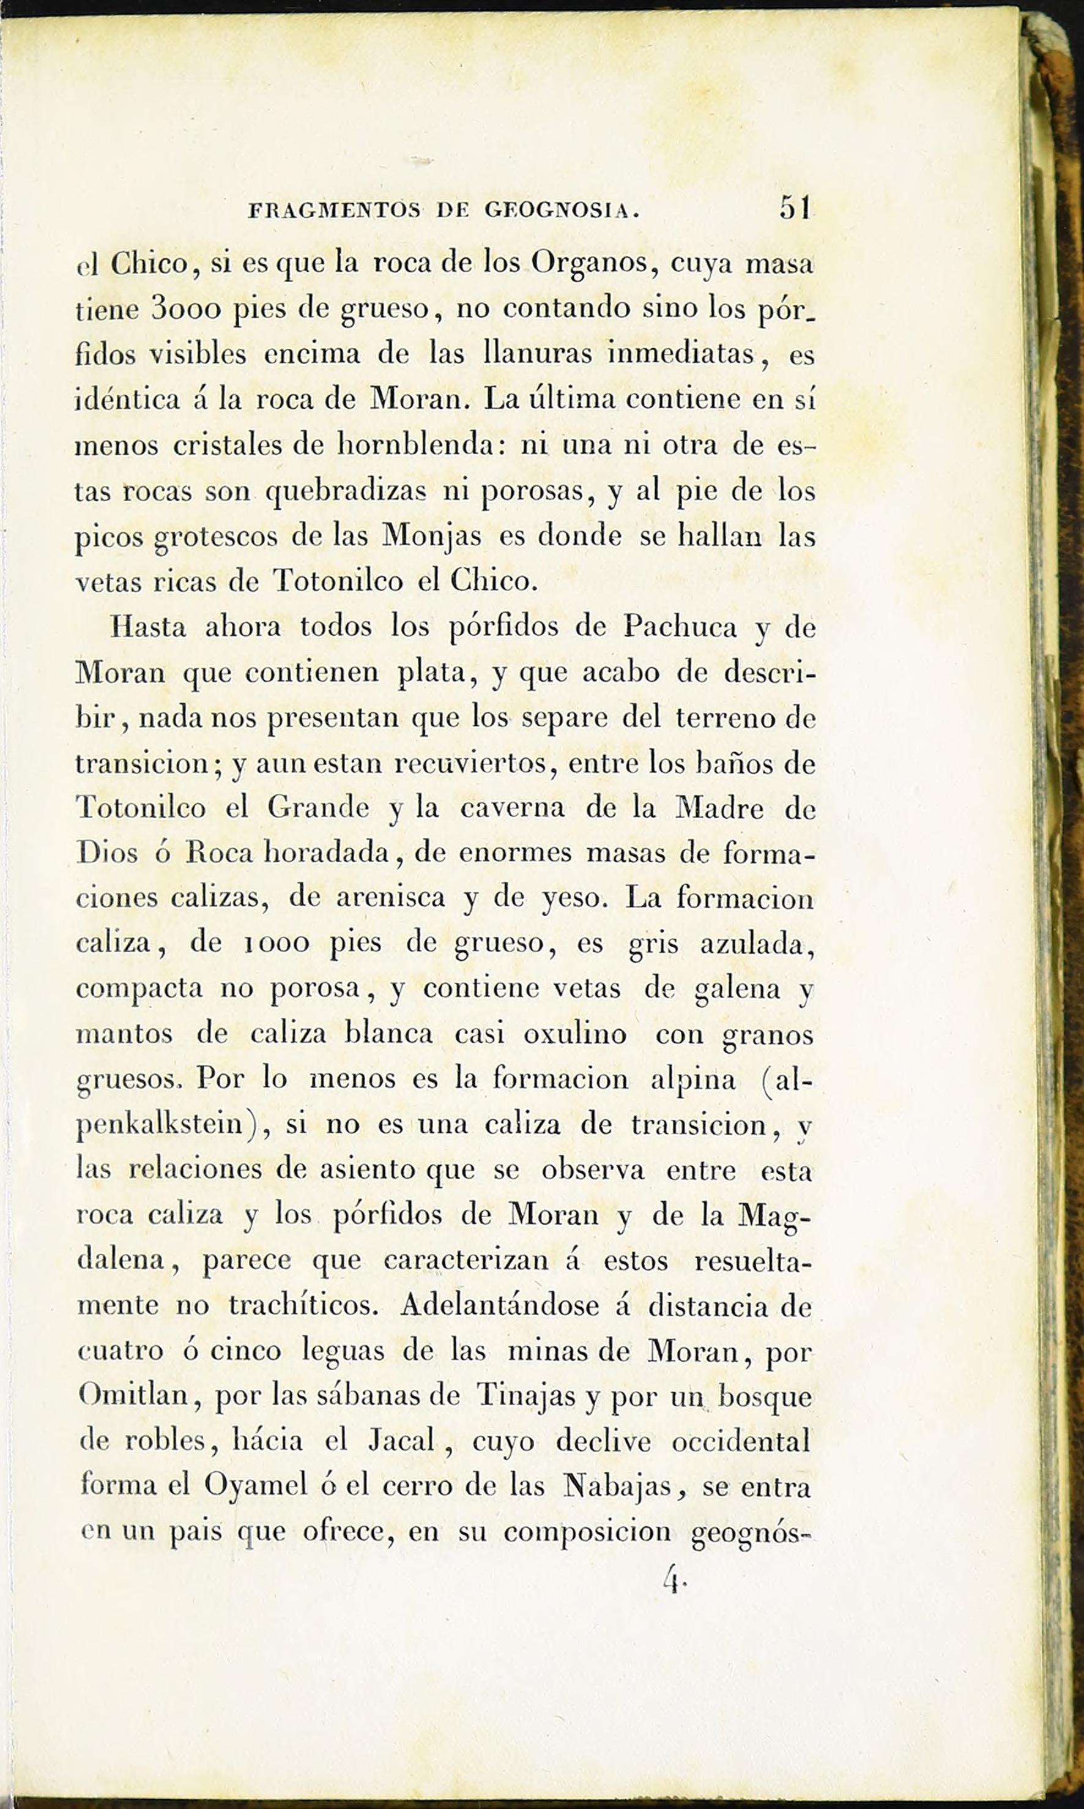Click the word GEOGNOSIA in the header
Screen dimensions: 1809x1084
[x=562, y=211]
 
